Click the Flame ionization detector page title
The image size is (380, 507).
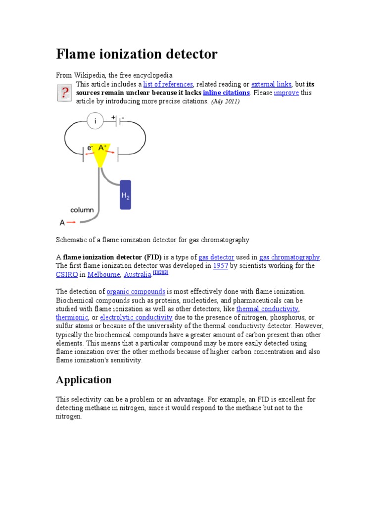tap(137, 54)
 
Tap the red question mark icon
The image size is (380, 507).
tap(64, 93)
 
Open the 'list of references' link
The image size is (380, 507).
tap(168, 84)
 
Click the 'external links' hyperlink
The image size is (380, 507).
tap(271, 84)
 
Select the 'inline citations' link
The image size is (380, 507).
tap(226, 93)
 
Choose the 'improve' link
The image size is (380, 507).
tap(286, 93)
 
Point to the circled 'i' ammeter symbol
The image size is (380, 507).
tap(95, 120)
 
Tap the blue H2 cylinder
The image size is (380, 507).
tap(126, 195)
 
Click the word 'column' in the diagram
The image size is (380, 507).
tap(82, 210)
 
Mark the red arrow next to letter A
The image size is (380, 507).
tap(71, 223)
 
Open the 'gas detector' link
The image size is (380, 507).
tap(216, 257)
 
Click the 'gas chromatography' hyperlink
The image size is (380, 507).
tap(289, 257)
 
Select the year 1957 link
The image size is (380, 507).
tap(220, 266)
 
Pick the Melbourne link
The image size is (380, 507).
tap(103, 275)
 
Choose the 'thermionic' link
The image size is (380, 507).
tap(72, 317)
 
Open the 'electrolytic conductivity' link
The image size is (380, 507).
tap(136, 317)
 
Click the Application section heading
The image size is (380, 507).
tap(84, 380)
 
